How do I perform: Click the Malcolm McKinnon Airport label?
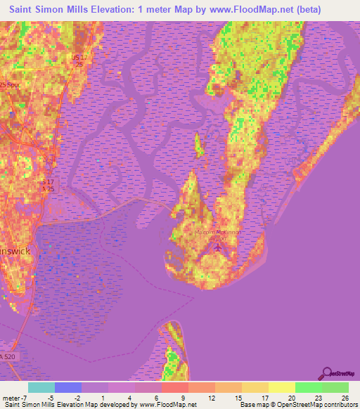(x=215, y=235)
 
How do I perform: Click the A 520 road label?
(x=8, y=358)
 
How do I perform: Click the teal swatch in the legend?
(x=41, y=387)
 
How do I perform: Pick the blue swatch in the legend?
(x=68, y=387)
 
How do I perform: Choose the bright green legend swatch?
(x=308, y=387)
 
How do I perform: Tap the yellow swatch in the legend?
(x=281, y=387)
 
